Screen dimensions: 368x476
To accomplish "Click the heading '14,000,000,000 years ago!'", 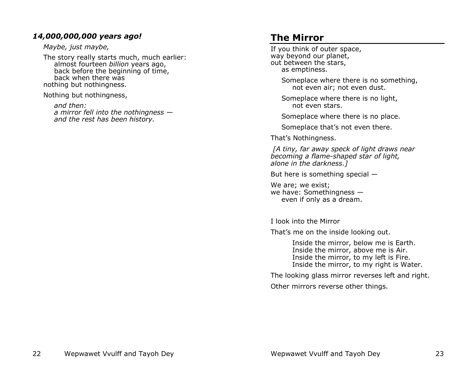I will [x=87, y=36].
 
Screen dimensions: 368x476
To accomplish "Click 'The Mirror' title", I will [x=297, y=38].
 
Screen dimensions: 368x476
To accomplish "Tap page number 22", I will [x=37, y=354].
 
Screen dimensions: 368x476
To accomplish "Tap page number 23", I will [x=439, y=354].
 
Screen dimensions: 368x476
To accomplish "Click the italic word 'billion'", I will [x=119, y=64].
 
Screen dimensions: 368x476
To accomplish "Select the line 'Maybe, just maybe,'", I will [x=76, y=47].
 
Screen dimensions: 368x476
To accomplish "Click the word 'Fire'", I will [x=404, y=257].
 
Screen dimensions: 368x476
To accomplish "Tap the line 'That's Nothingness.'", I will [x=303, y=138].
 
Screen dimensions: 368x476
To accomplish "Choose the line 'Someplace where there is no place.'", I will [x=341, y=117].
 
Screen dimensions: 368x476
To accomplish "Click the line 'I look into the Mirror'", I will [x=305, y=221].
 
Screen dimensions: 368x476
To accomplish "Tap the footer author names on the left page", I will [x=119, y=354].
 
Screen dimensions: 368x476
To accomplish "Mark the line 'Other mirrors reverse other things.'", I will [x=329, y=287].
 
